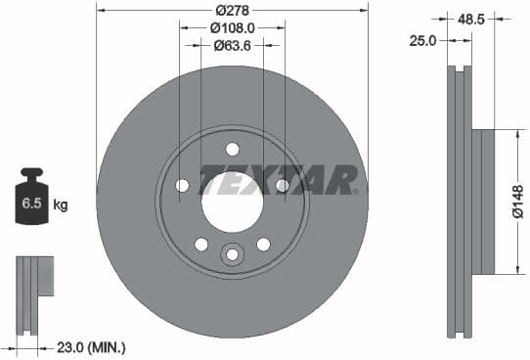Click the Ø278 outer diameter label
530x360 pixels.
pos(232,10)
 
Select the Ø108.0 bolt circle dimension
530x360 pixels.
pos(232,28)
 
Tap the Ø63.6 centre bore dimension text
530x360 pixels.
pos(232,45)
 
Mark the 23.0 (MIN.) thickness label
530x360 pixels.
pos(87,346)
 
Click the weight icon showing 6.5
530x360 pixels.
pos(31,201)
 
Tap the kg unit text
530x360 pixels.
pos(61,205)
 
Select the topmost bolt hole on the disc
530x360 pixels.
pos(232,149)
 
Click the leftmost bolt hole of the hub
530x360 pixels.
pos(182,185)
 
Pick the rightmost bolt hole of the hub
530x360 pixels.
pos(282,185)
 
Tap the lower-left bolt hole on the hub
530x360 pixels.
pos(200,244)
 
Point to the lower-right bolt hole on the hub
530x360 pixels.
pos(262,244)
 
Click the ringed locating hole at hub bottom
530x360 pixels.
pos(232,255)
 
